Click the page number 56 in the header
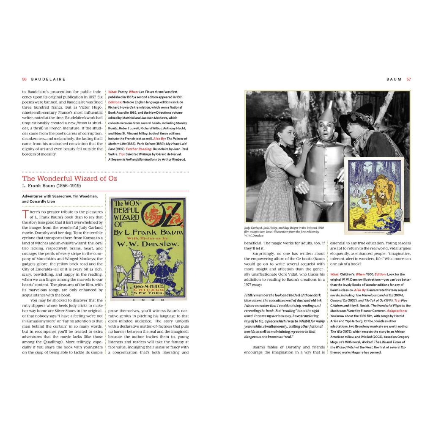(x=25, y=79)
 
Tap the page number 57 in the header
(x=408, y=79)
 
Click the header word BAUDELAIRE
(x=48, y=79)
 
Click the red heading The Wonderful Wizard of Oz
(x=70, y=178)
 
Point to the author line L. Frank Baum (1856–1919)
(x=51, y=186)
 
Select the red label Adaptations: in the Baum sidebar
(x=387, y=310)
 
